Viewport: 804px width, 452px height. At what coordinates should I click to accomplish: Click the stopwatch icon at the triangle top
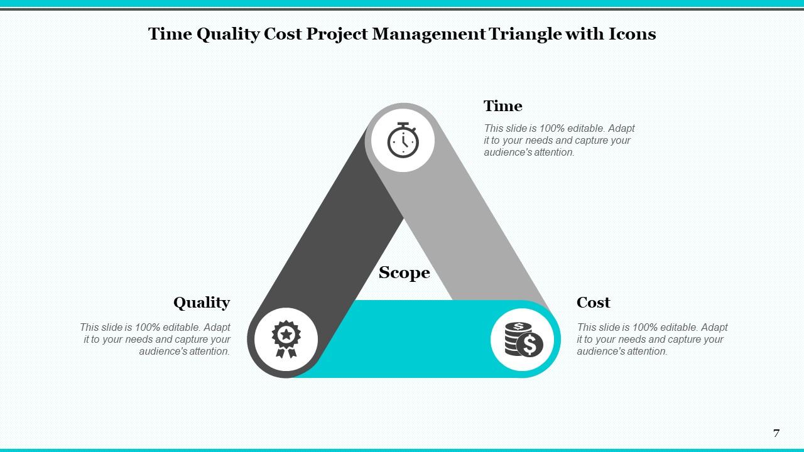[403, 140]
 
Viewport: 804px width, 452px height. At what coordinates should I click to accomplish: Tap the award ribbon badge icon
[286, 339]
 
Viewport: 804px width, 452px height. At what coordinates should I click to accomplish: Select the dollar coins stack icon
[522, 340]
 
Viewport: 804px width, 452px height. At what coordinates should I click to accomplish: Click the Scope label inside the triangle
[404, 272]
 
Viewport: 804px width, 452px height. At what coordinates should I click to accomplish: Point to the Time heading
[503, 105]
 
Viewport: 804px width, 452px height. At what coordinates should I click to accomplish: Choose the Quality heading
[202, 303]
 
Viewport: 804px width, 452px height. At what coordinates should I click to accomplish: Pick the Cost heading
[593, 303]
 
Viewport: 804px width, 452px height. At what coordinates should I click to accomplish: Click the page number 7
[776, 433]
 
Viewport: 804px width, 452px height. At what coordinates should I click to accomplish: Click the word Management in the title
[428, 34]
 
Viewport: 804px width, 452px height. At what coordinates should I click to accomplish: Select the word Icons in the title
[632, 34]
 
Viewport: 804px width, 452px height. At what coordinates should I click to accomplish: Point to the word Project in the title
[337, 34]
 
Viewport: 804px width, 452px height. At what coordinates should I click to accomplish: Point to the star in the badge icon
[286, 334]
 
